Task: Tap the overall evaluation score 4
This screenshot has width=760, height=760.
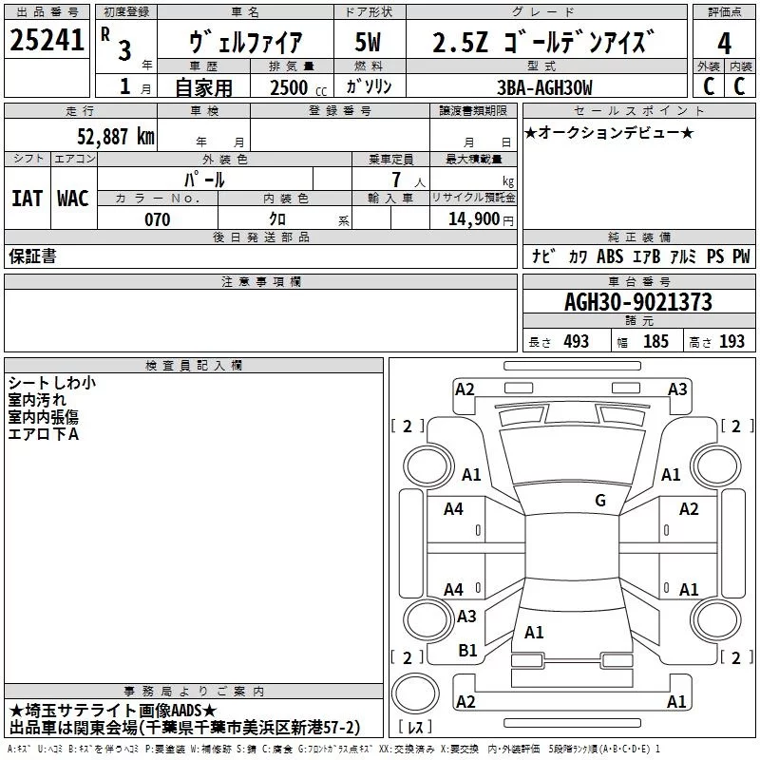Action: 724,44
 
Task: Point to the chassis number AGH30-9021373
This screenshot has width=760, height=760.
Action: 637,303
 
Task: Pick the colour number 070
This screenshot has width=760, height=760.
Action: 157,219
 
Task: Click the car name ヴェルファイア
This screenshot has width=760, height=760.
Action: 245,44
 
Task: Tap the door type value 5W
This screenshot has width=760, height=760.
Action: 368,44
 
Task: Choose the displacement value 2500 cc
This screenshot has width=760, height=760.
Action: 290,87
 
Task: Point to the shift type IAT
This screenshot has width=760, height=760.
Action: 27,198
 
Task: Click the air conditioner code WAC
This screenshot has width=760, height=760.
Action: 73,198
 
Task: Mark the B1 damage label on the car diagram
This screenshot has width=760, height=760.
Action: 467,651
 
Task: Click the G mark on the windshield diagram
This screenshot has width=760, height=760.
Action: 599,501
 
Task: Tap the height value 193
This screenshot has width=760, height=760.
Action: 731,342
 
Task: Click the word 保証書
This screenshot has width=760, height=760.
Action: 32,256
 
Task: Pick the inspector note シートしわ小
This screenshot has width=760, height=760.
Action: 51,383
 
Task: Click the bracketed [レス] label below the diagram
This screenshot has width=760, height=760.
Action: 416,728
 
